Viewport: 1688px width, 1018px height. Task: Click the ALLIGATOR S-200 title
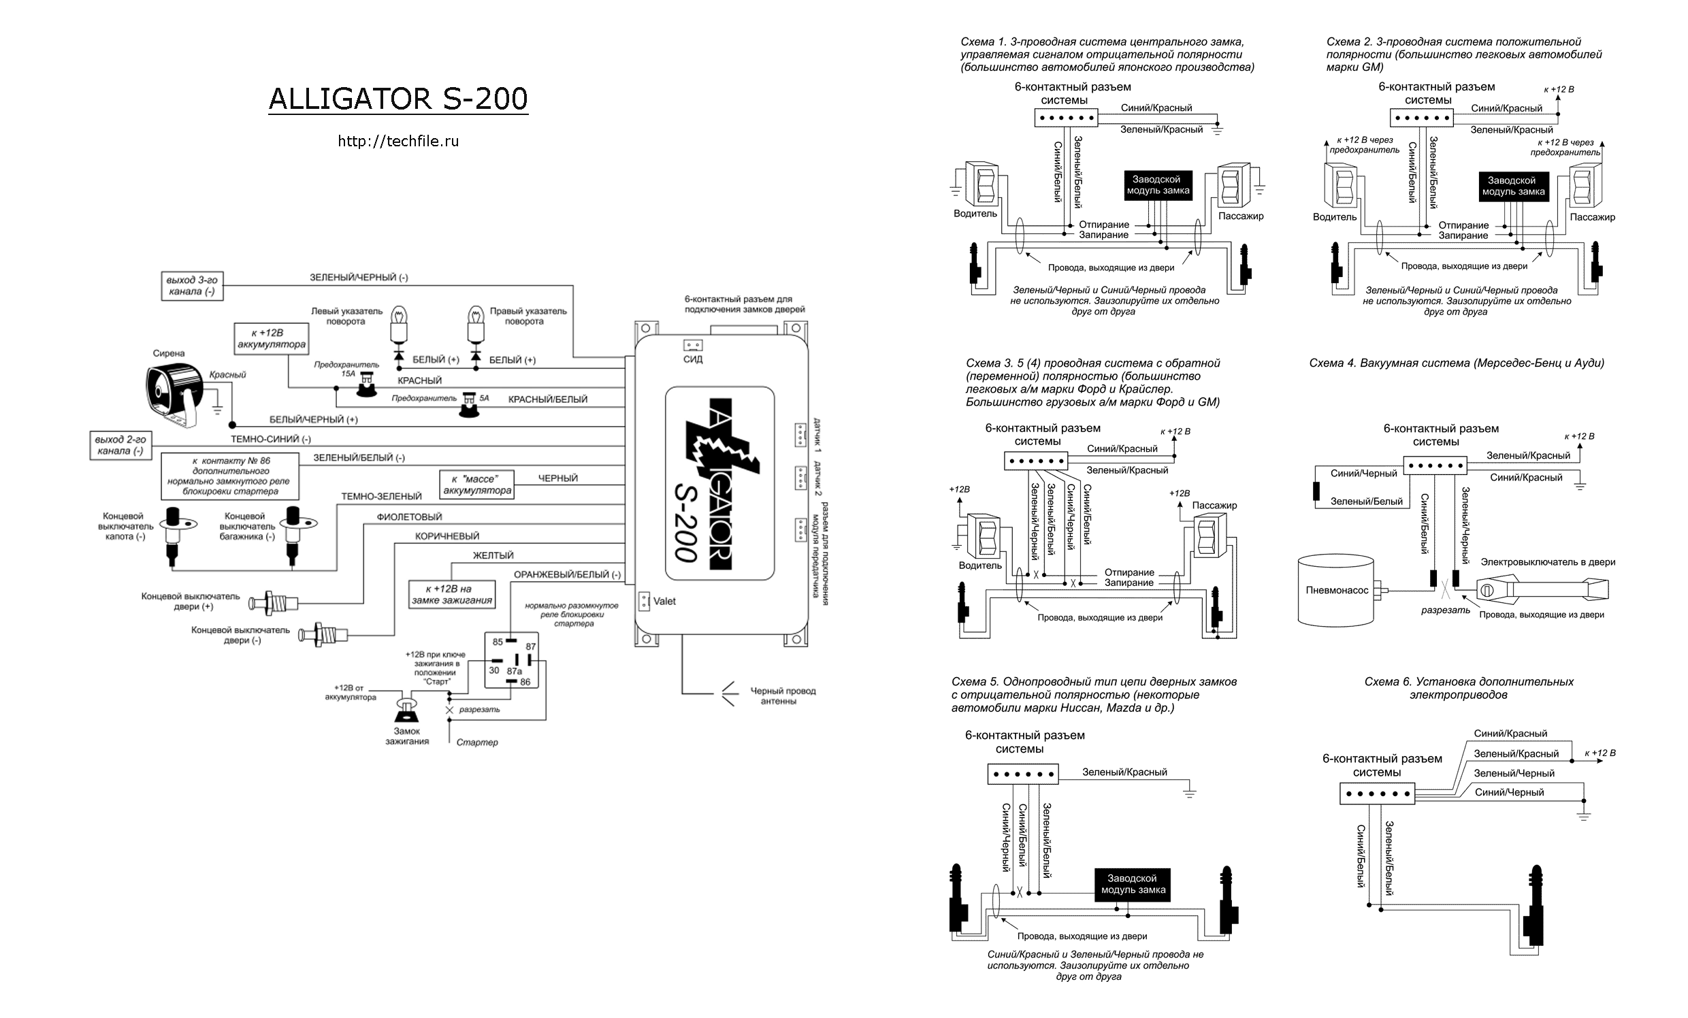(x=398, y=99)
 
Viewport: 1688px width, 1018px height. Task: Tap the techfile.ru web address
(x=398, y=141)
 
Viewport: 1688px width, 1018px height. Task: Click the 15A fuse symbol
(x=366, y=387)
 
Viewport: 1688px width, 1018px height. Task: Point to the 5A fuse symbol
(x=470, y=405)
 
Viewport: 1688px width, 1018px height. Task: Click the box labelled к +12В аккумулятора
(x=272, y=338)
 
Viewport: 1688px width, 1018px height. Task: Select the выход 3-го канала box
(x=191, y=286)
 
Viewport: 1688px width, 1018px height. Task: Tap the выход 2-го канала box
(x=120, y=445)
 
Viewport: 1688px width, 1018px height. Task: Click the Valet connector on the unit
(x=644, y=601)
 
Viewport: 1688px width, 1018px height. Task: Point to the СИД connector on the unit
(x=693, y=345)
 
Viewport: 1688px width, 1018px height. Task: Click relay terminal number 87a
(x=514, y=672)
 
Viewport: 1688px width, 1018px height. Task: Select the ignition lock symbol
(x=407, y=710)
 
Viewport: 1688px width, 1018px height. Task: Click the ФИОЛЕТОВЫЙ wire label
(x=409, y=517)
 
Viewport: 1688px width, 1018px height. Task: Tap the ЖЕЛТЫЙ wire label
(x=493, y=555)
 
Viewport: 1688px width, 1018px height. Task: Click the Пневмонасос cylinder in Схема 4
(x=1336, y=590)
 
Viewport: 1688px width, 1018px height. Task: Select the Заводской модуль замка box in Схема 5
(x=1133, y=884)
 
